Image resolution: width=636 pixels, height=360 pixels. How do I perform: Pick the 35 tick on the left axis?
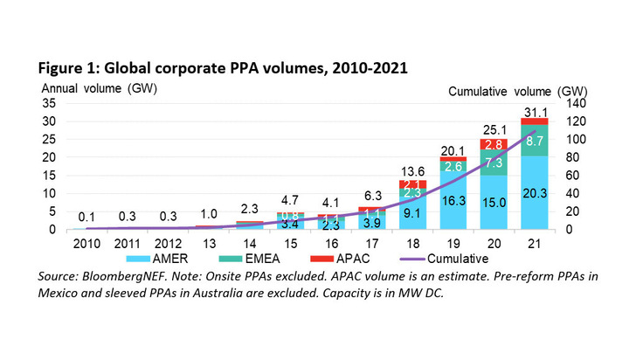(51, 103)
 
